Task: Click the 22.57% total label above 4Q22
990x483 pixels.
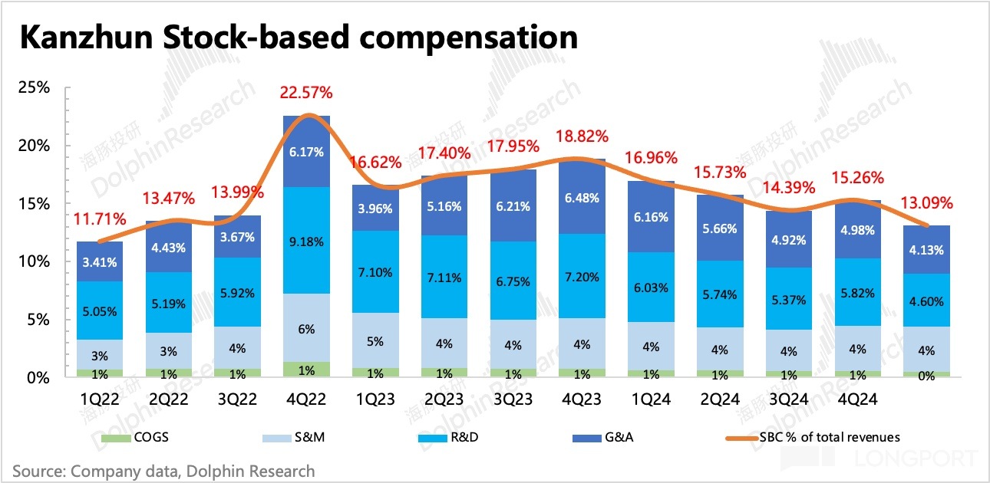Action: tap(306, 93)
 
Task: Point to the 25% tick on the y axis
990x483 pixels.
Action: tap(34, 87)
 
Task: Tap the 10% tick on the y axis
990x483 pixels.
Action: tap(34, 261)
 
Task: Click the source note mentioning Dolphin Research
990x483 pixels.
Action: tap(163, 471)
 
